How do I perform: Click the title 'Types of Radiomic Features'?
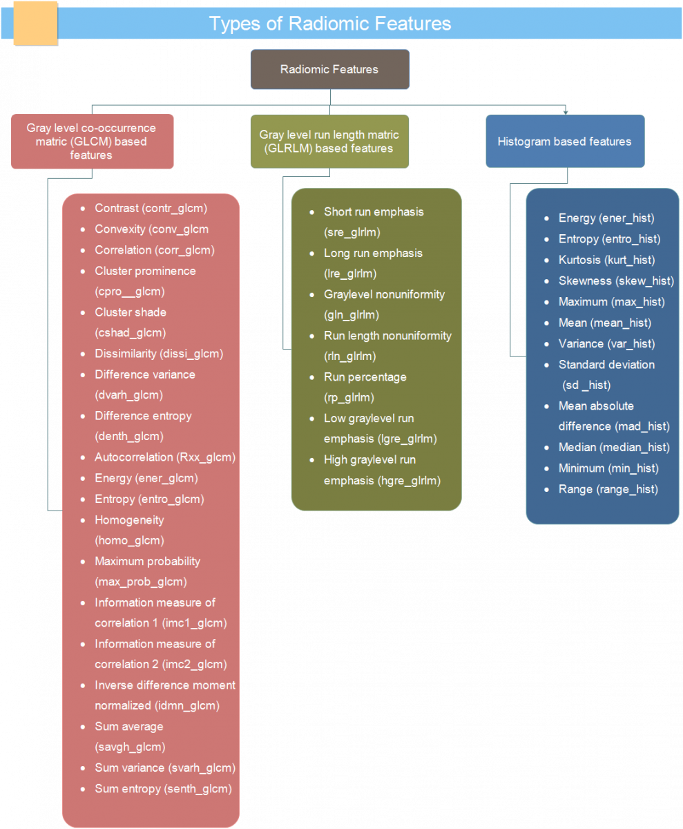click(x=330, y=23)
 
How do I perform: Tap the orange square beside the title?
click(x=36, y=23)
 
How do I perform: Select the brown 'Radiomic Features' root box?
click(x=330, y=69)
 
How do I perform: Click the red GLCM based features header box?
click(x=92, y=142)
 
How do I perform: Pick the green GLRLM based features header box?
click(x=329, y=142)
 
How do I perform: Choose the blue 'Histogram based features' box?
click(x=565, y=141)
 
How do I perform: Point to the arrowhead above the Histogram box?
click(x=566, y=113)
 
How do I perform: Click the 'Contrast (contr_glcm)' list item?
click(x=151, y=208)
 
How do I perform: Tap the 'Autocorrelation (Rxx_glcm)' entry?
click(x=165, y=457)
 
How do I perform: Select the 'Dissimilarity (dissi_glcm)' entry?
click(x=159, y=353)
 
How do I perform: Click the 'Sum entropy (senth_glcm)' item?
click(x=163, y=788)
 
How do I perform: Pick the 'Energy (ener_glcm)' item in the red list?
click(x=146, y=478)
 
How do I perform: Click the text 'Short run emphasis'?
click(x=374, y=211)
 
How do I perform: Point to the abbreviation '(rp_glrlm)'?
click(x=349, y=397)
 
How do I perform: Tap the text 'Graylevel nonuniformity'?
click(x=384, y=294)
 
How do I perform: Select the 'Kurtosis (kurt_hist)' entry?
click(x=606, y=260)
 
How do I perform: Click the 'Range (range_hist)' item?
click(x=608, y=489)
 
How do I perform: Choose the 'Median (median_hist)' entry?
click(x=614, y=447)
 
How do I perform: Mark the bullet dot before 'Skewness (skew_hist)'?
click(x=546, y=281)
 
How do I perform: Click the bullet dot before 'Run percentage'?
click(x=312, y=377)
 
